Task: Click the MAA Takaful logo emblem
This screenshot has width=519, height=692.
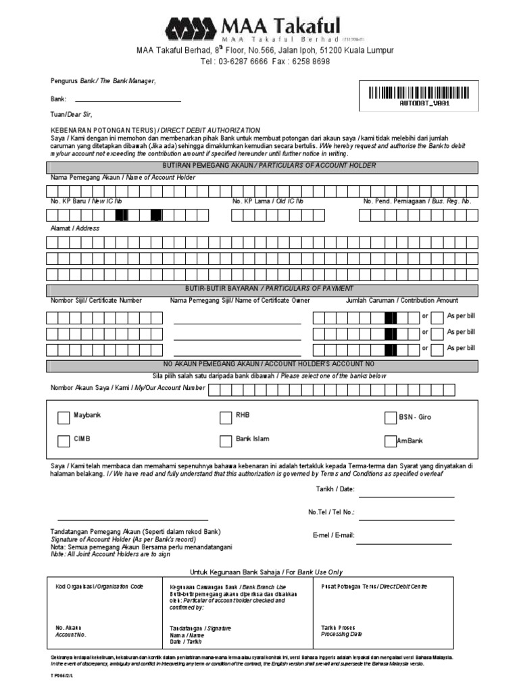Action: [191, 30]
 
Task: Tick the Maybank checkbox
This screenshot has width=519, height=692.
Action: [64, 418]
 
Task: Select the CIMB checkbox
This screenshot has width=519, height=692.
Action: [64, 441]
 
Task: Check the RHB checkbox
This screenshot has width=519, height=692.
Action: [226, 418]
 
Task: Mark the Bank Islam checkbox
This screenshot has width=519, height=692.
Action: [226, 441]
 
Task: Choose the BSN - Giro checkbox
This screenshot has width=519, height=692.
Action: [390, 418]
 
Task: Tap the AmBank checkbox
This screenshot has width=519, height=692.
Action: [390, 441]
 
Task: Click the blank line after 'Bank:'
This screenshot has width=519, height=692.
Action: [128, 101]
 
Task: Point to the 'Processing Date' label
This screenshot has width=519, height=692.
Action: [341, 635]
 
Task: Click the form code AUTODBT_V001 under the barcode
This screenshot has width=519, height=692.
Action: [420, 104]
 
